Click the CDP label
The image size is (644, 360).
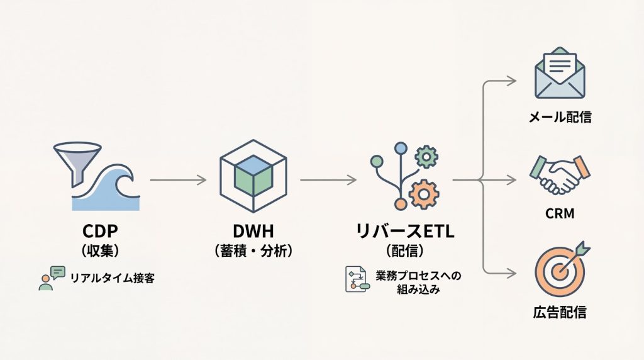pos(101,231)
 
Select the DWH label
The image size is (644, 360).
pos(253,231)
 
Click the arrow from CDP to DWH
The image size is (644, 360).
pos(178,180)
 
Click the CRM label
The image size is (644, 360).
pos(560,214)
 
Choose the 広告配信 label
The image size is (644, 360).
pos(559,312)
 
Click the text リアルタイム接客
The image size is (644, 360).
pos(112,278)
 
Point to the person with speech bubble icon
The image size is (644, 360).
pos(51,278)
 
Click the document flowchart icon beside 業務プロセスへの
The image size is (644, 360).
pos(355,279)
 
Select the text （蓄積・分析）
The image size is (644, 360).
pos(253,250)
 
